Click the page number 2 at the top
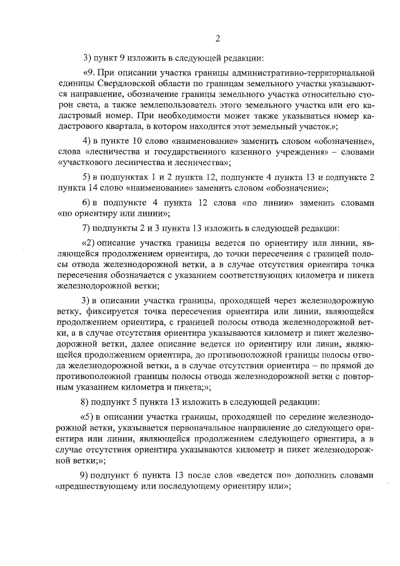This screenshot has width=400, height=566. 217,39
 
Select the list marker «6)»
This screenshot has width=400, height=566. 87,203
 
